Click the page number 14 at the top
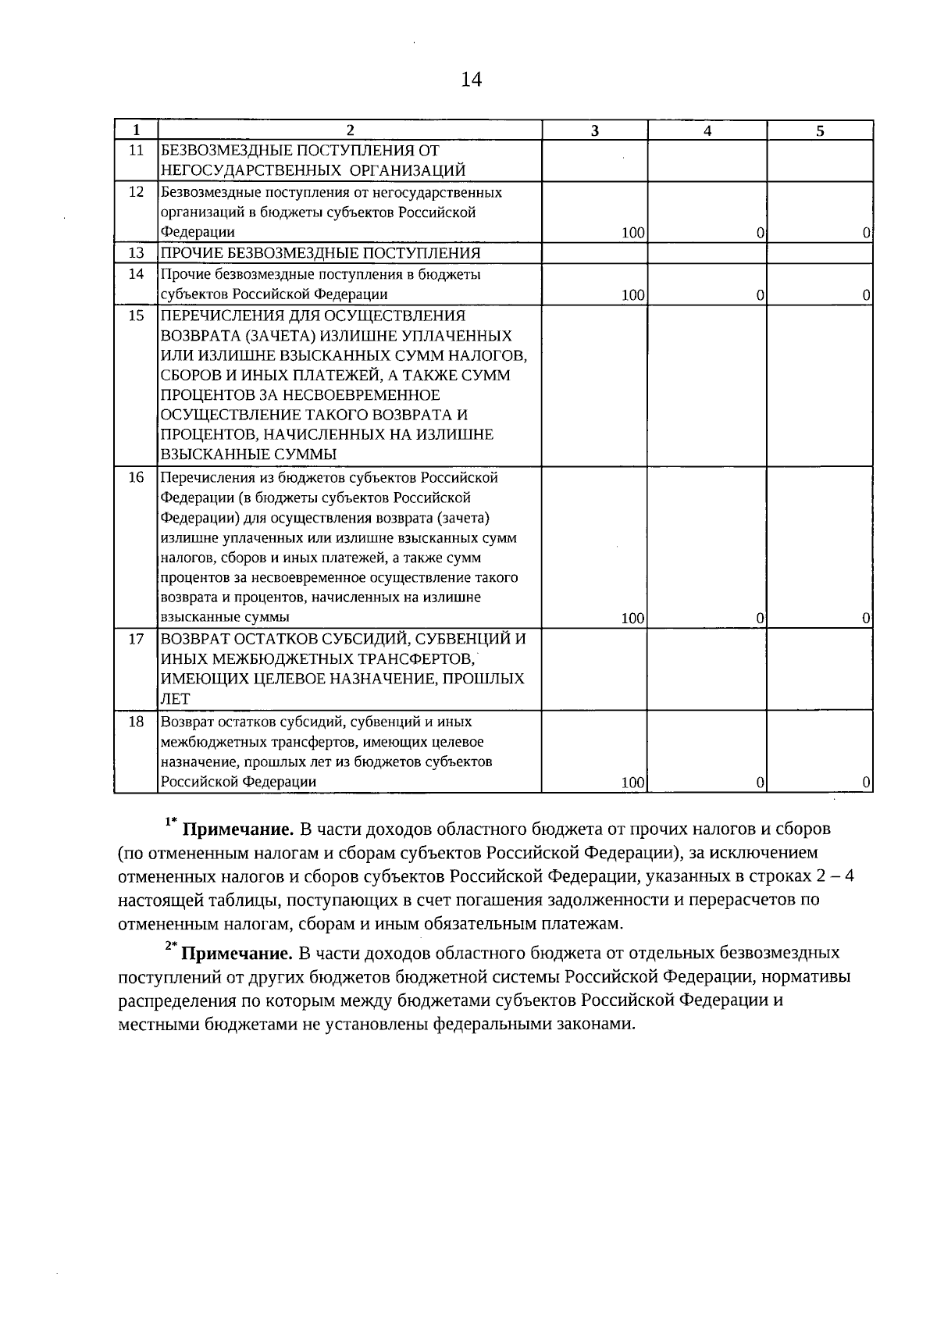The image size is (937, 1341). click(472, 80)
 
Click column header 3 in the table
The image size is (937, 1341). click(595, 130)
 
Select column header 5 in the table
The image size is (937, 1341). click(820, 130)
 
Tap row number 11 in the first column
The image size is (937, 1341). click(136, 151)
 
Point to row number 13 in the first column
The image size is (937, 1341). click(136, 253)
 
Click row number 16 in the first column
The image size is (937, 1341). click(136, 477)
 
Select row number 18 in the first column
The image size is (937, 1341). click(136, 722)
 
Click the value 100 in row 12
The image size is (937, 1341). click(633, 233)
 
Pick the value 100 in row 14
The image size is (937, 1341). click(633, 295)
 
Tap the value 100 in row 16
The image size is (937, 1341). click(633, 619)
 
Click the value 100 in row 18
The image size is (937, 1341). click(633, 782)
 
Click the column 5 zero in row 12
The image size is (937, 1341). click(867, 233)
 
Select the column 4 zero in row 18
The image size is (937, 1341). click(761, 782)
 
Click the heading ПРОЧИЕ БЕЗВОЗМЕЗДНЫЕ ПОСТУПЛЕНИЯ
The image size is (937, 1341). click(320, 253)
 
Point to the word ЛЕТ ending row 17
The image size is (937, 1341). click(176, 699)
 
